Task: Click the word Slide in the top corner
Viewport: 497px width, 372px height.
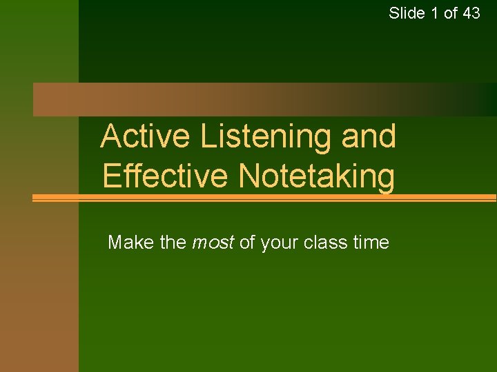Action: [x=407, y=12]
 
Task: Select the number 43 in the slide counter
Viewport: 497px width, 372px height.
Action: [x=471, y=12]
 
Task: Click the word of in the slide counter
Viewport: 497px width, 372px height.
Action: [x=451, y=12]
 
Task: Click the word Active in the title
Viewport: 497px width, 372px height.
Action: [x=145, y=136]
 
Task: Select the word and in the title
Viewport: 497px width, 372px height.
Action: [x=369, y=136]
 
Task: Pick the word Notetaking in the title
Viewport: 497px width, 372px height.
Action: [x=317, y=176]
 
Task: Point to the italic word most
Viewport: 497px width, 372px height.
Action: [x=213, y=242]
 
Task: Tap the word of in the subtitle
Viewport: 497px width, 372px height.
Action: [x=247, y=242]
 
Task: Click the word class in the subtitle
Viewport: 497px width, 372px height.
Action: [x=323, y=242]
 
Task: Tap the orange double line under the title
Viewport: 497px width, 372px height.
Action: [x=262, y=198]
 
